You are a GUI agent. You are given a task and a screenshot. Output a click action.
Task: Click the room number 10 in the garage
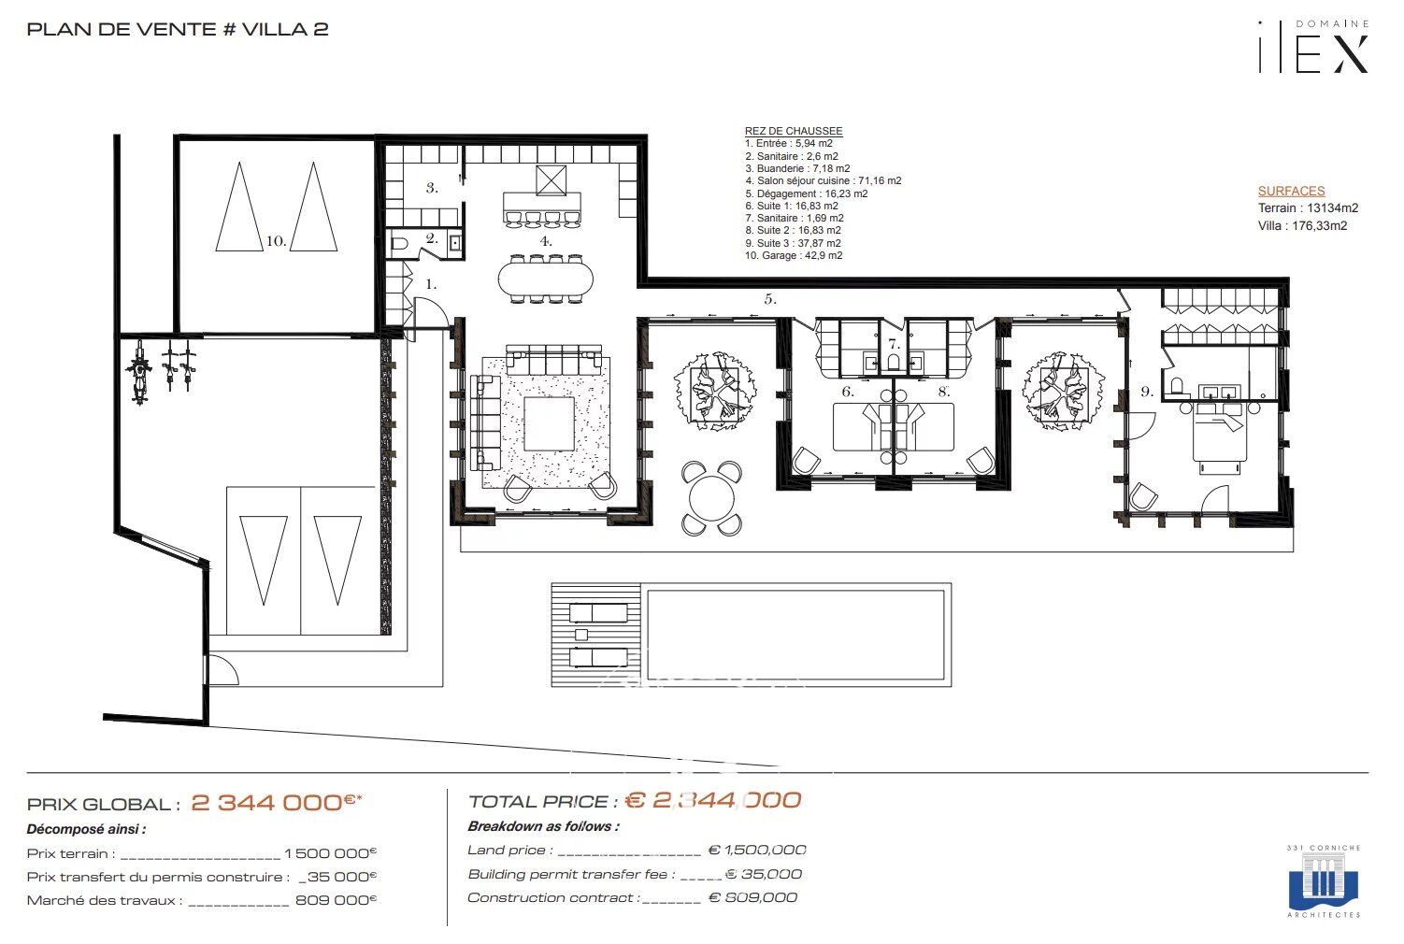click(x=275, y=241)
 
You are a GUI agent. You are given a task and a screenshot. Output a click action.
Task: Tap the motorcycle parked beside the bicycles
click(x=140, y=371)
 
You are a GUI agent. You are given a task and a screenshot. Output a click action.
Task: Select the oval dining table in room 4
click(x=546, y=277)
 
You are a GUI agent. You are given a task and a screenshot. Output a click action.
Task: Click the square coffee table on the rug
click(x=549, y=423)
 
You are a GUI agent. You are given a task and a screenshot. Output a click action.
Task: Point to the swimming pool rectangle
click(x=795, y=634)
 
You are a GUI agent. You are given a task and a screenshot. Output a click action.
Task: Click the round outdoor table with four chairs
click(x=711, y=498)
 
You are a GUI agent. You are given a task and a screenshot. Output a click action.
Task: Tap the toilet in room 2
click(x=399, y=245)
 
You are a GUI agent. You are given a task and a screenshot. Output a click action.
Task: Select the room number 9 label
click(x=1147, y=392)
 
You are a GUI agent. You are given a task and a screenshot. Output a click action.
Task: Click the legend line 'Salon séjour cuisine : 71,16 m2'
click(x=823, y=181)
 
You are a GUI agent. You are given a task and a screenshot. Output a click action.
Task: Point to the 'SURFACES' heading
click(x=1291, y=191)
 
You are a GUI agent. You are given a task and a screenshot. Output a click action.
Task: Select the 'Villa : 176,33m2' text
click(x=1302, y=225)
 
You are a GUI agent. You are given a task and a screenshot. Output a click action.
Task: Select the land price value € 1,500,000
click(x=757, y=850)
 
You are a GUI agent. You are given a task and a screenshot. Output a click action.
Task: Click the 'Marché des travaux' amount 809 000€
click(x=335, y=900)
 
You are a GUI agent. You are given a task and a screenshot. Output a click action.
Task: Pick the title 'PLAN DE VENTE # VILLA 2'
click(x=178, y=29)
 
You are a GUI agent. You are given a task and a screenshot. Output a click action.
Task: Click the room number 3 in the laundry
click(x=432, y=188)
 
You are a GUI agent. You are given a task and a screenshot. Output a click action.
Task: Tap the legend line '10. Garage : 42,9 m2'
click(x=794, y=255)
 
